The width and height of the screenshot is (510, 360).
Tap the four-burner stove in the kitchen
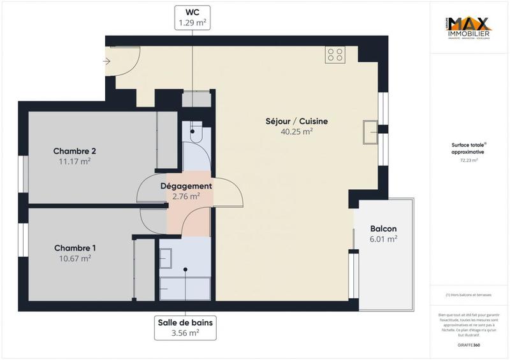tap(335, 55)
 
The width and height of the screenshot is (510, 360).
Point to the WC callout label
tap(193, 17)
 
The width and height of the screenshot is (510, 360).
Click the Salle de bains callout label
tap(186, 326)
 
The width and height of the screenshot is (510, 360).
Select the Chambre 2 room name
tap(75, 151)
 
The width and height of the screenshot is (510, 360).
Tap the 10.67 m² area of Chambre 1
tap(72, 258)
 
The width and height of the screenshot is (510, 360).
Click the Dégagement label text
tap(186, 185)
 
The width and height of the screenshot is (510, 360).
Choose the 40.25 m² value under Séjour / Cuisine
tap(296, 132)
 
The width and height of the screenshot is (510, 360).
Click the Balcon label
tap(384, 229)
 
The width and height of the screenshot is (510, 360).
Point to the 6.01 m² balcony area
tap(384, 239)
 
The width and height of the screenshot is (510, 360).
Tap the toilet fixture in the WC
tap(194, 133)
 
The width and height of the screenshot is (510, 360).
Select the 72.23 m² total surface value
tap(469, 161)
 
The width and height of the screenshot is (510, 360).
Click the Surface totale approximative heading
tap(469, 149)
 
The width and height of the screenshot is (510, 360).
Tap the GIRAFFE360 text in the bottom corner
tap(469, 345)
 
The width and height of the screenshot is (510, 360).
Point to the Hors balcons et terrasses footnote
tap(469, 295)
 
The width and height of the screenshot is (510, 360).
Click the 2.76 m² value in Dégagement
tap(186, 196)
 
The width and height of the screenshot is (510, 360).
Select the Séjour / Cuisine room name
tap(296, 121)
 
